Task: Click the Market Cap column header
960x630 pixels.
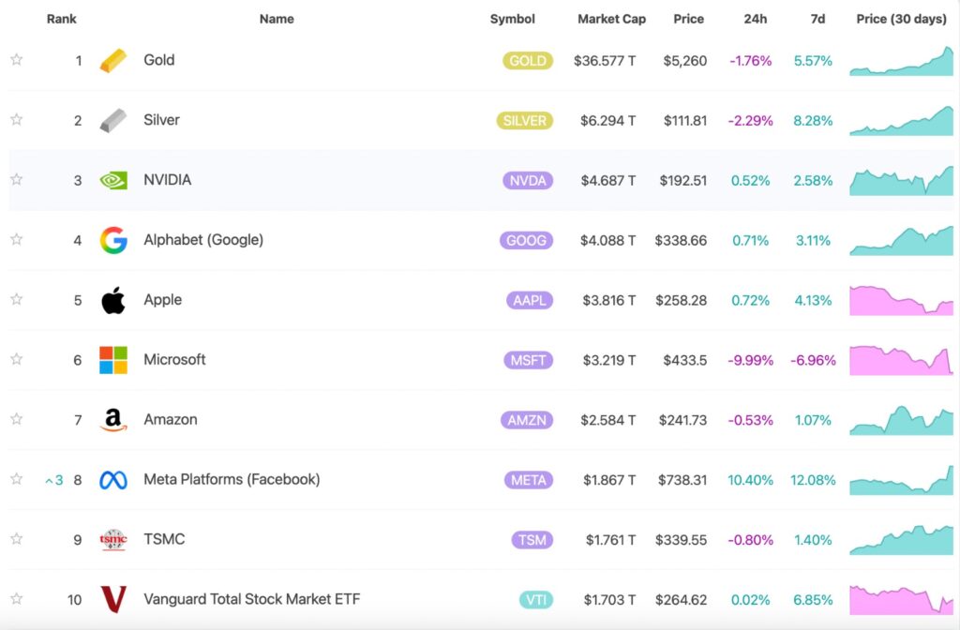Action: coord(611,19)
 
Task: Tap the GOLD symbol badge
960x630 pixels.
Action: coord(527,61)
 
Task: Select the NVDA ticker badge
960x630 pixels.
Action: coord(527,181)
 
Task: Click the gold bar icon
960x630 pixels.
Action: coord(113,61)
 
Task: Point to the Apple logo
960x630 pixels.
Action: coord(113,301)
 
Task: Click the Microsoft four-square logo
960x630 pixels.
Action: coord(113,360)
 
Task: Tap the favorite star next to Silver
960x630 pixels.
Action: coord(16,120)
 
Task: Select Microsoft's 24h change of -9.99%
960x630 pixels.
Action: coord(749,361)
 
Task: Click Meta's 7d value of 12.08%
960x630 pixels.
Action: coord(813,480)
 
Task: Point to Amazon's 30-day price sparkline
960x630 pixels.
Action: coord(901,421)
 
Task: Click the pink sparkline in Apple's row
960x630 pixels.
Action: coord(901,301)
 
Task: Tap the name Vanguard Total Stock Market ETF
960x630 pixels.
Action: coord(251,599)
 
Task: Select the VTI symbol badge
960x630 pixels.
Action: coord(535,600)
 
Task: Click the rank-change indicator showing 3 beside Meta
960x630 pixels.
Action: coord(54,481)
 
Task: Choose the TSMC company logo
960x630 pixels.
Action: coord(113,540)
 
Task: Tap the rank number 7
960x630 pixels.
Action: coord(78,420)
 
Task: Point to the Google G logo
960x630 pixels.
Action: coord(113,241)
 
